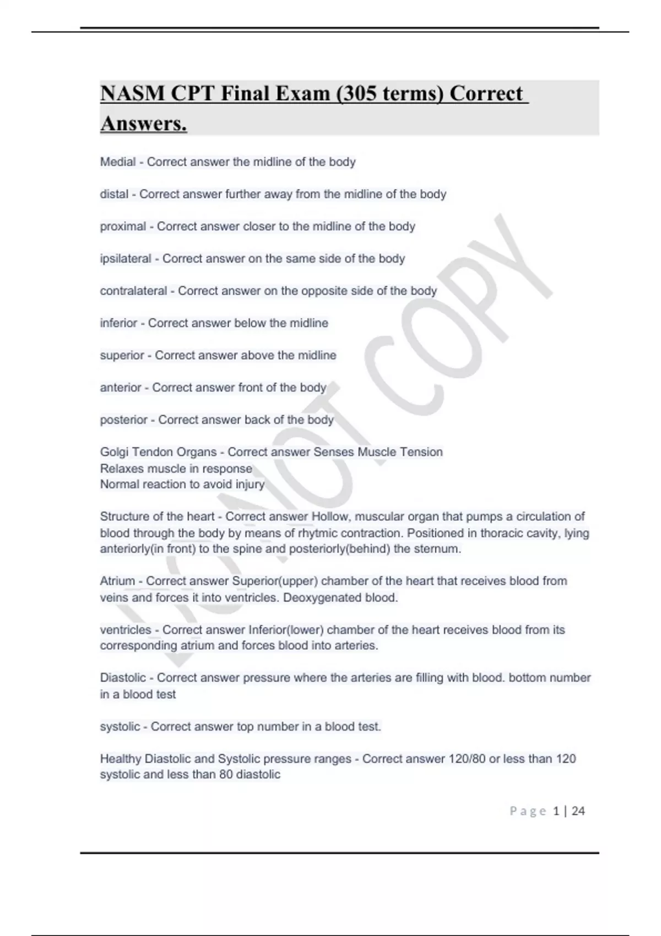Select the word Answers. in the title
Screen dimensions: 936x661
click(144, 123)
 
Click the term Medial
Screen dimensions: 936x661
click(118, 162)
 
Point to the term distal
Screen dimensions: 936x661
click(114, 194)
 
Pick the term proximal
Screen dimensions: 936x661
click(123, 226)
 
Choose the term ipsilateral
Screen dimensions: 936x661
click(126, 259)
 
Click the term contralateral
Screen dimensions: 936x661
click(133, 291)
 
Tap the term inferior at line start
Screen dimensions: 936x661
click(118, 323)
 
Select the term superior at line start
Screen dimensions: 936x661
click(122, 355)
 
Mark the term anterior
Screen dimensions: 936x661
click(121, 388)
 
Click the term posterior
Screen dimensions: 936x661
click(123, 420)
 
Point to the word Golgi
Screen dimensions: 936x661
click(113, 452)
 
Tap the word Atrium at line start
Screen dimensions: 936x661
click(118, 581)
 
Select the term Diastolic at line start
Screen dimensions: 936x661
click(123, 678)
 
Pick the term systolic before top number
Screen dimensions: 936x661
click(120, 727)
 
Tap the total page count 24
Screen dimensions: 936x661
click(578, 811)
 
